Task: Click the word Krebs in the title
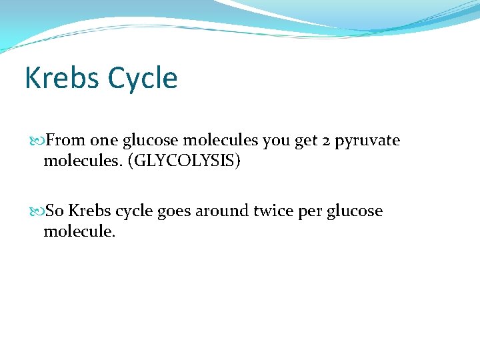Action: click(x=61, y=78)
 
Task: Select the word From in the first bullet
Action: click(x=65, y=141)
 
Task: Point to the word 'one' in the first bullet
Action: click(x=104, y=141)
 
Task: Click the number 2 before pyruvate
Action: click(x=327, y=141)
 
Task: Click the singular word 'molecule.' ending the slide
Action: click(x=79, y=231)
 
